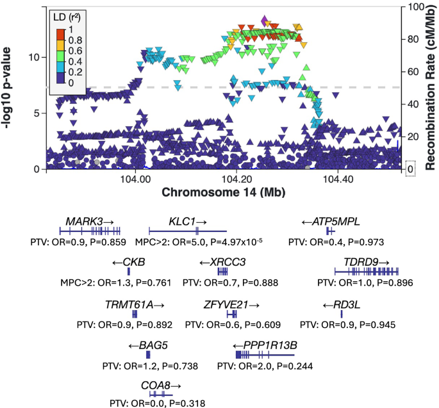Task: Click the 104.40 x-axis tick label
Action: [x=337, y=181]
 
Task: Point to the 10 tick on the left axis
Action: [x=36, y=57]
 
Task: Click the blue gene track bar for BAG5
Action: [x=148, y=354]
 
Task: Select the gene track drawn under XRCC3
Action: [x=222, y=272]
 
